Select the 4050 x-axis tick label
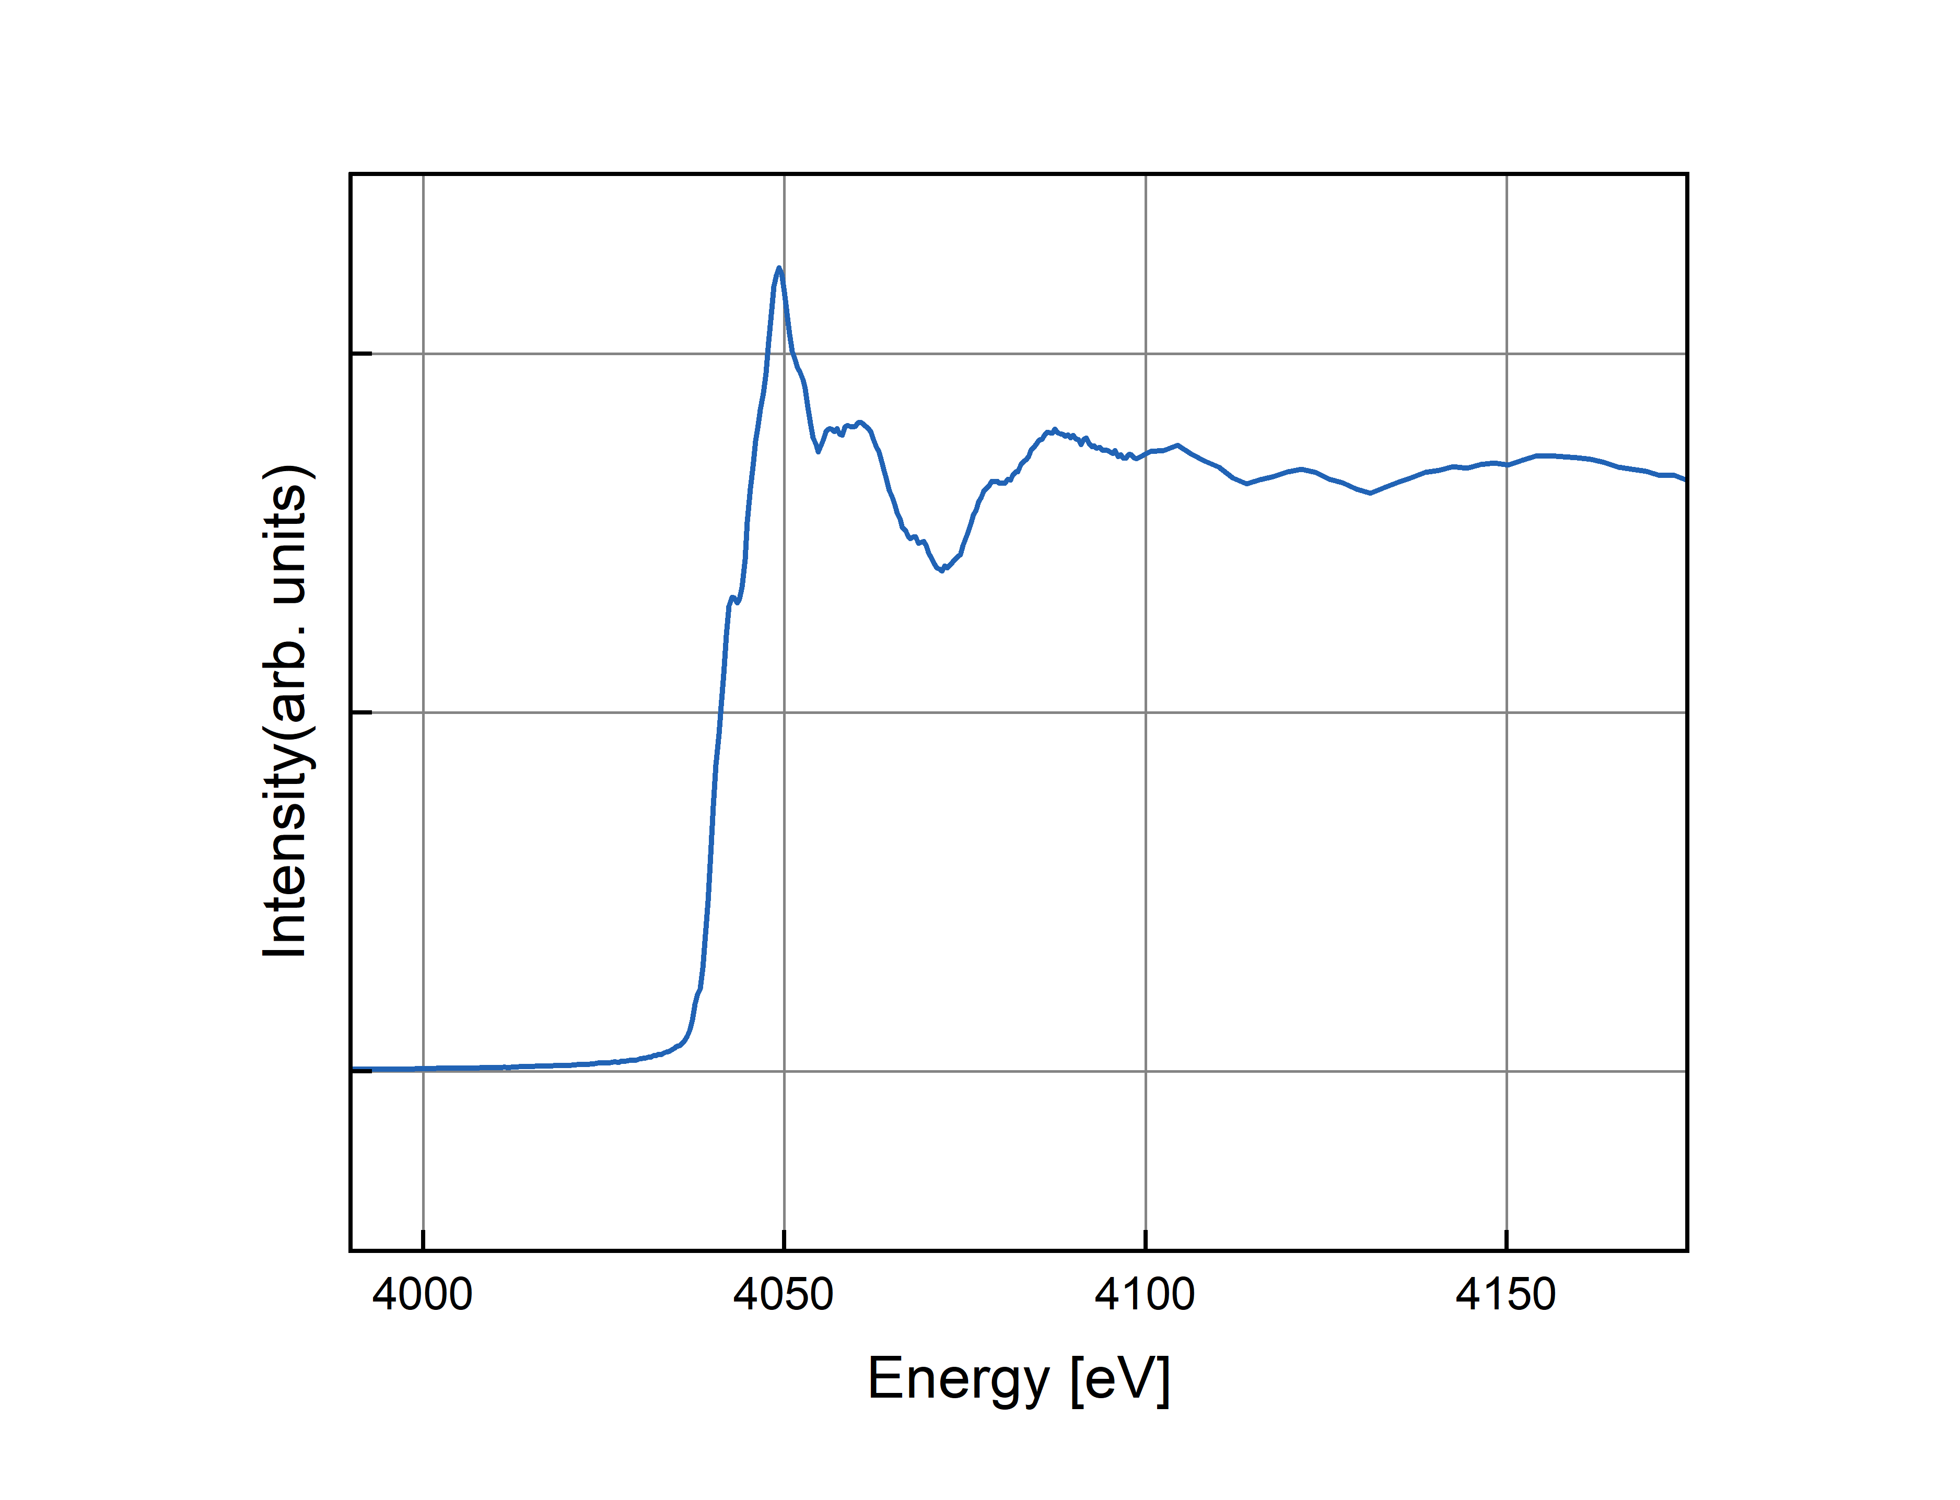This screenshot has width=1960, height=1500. (x=783, y=1295)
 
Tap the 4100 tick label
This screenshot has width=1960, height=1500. (x=1144, y=1295)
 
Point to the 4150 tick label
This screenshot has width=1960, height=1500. (x=1506, y=1295)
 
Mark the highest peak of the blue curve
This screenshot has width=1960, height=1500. (x=779, y=268)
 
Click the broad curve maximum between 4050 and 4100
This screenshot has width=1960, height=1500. (x=1055, y=430)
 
